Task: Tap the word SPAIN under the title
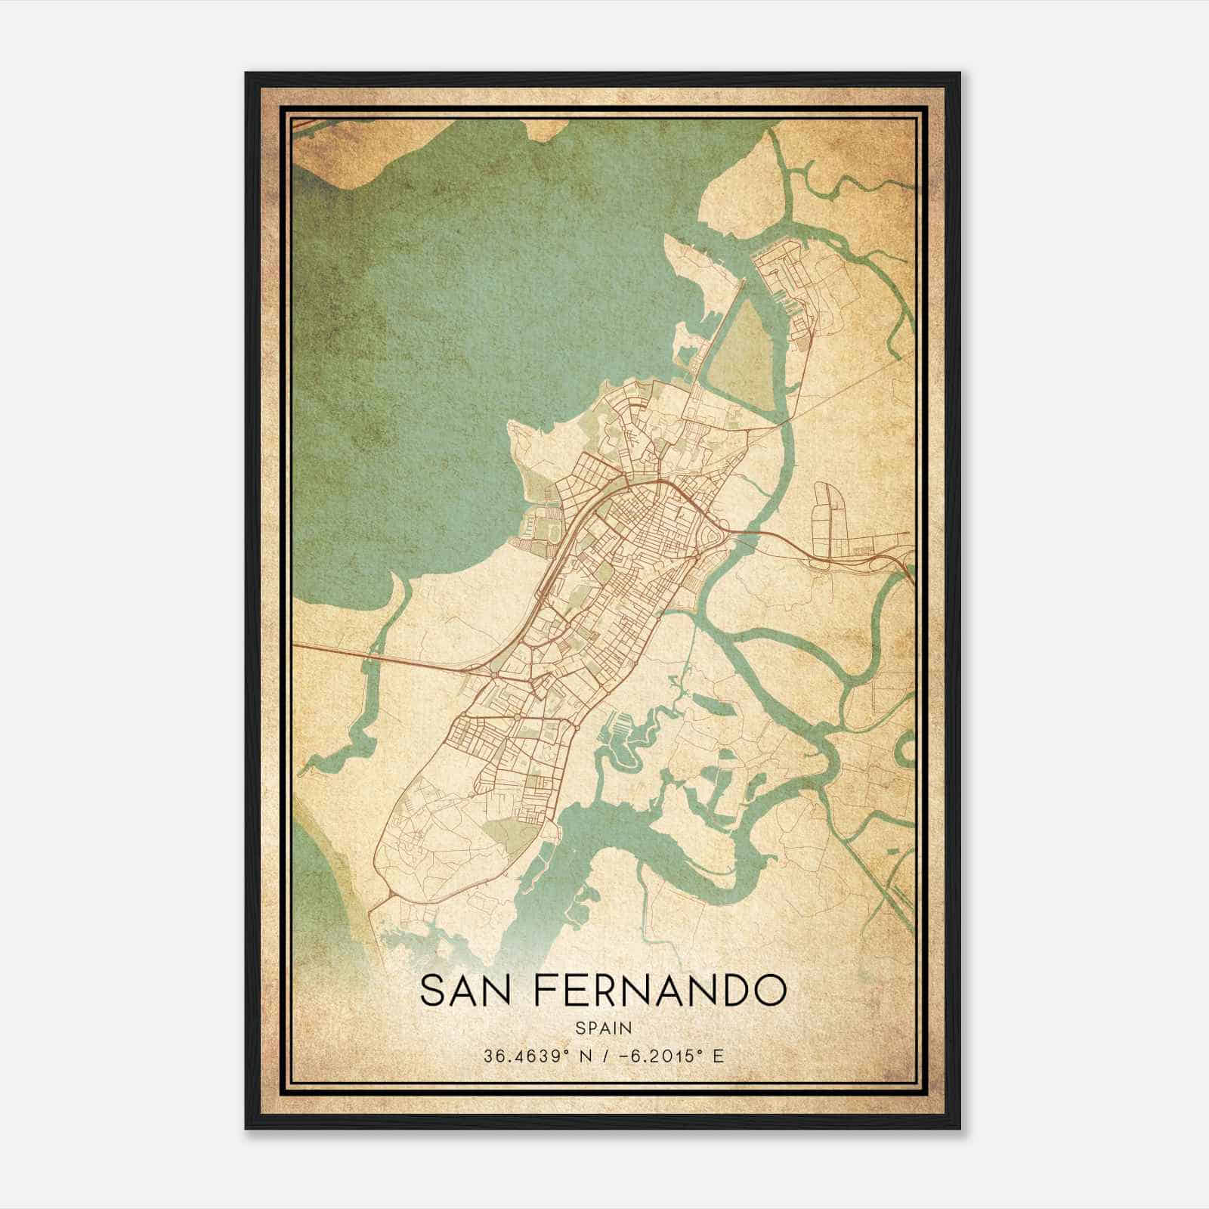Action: coord(603,1028)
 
